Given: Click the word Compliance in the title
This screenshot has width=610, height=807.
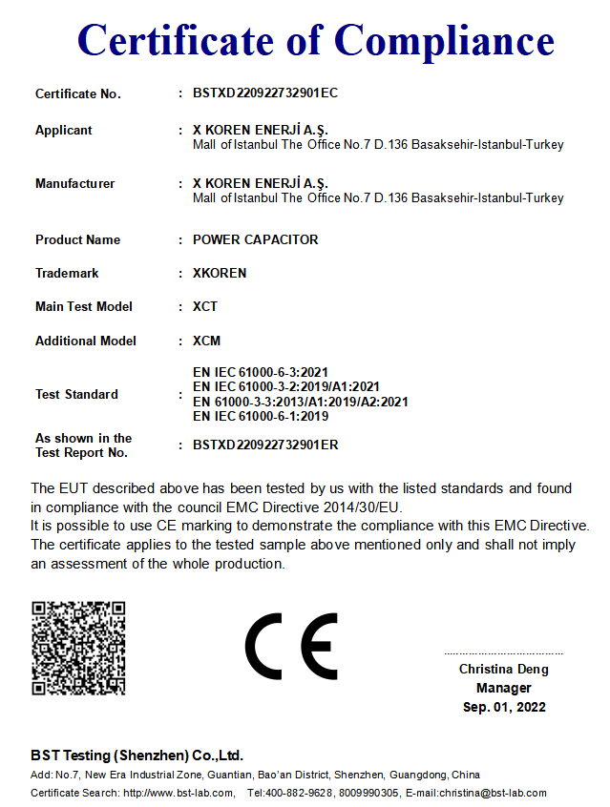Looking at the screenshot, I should (445, 40).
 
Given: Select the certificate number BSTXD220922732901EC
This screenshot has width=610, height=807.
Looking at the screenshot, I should (265, 93).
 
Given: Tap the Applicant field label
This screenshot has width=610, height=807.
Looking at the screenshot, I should (64, 130).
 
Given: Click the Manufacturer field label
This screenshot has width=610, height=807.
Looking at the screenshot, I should (74, 183).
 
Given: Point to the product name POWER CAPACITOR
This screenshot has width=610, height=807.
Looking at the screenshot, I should (255, 239).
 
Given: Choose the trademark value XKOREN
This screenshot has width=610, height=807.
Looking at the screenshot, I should (220, 273).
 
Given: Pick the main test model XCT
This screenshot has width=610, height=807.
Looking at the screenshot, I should (205, 306).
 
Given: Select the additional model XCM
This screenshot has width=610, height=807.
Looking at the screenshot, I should (206, 341).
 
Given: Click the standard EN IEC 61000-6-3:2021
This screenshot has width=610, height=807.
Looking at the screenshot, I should (261, 371).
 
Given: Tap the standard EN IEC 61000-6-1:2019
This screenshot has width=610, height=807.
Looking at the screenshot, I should (261, 416).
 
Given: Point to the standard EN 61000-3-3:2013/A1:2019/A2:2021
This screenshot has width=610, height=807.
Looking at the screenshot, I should (300, 402).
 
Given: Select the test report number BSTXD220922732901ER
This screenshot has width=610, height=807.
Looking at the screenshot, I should (265, 445).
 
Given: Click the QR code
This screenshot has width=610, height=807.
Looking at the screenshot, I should (78, 648).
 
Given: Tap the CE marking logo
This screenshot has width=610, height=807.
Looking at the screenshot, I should (291, 646).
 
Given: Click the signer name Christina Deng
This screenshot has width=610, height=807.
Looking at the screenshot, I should (504, 669).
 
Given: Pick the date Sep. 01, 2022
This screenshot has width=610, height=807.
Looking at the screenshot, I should (504, 707).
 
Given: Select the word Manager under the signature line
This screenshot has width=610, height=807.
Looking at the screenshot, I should (504, 688).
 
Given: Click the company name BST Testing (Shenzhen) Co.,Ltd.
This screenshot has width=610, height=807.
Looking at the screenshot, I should (137, 755).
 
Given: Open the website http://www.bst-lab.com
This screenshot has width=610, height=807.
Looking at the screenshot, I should (179, 793).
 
